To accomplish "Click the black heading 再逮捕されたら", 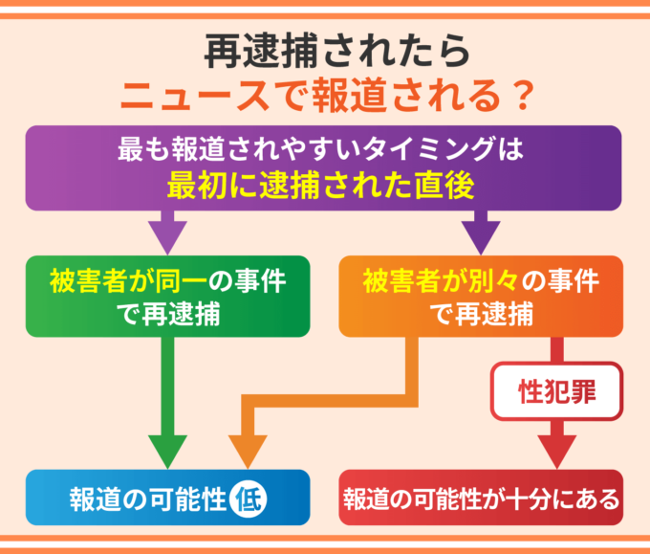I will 324,53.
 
